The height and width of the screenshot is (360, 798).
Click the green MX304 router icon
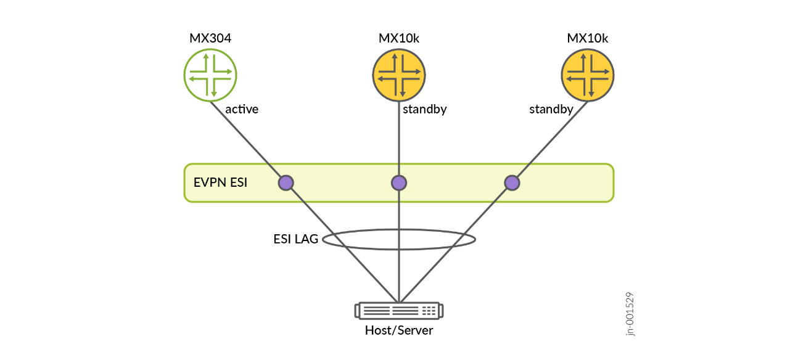click(210, 75)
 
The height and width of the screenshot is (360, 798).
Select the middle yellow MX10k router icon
click(399, 75)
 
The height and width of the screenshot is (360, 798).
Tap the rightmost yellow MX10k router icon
click(588, 75)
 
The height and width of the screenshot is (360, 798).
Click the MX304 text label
click(210, 39)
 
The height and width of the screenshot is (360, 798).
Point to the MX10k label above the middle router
click(399, 39)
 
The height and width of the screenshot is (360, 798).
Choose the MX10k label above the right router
click(588, 39)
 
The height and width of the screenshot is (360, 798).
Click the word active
click(242, 110)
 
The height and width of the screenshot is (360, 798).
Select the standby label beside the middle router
click(424, 110)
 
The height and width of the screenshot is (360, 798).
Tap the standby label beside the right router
click(551, 110)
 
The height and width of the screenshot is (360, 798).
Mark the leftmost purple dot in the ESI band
click(286, 182)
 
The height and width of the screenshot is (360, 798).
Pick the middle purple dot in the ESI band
click(399, 182)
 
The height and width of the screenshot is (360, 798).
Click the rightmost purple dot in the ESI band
click(512, 182)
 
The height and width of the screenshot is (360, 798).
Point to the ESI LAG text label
click(296, 239)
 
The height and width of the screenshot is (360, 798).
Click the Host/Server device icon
click(399, 310)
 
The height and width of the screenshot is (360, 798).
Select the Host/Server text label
click(399, 330)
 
